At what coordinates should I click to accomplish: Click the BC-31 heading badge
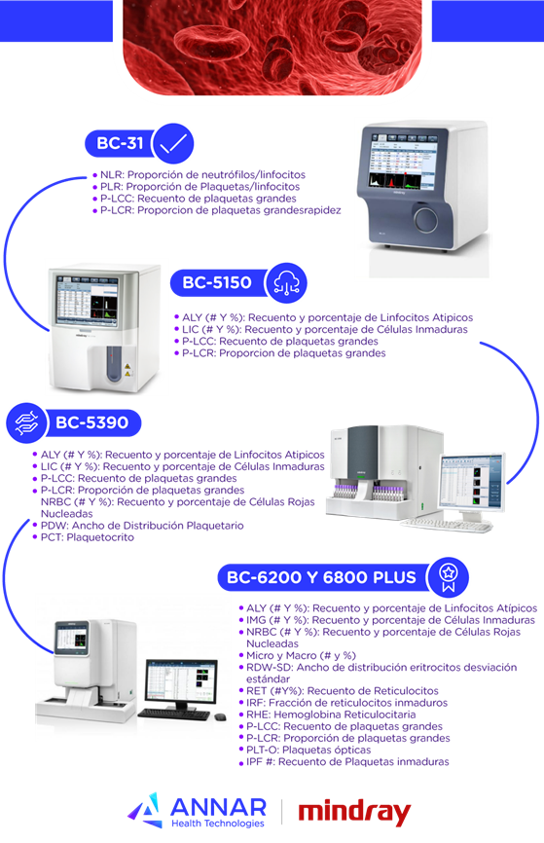tap(120, 143)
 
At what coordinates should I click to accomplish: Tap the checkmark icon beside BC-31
tap(172, 143)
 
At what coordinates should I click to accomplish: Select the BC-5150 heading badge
tap(218, 282)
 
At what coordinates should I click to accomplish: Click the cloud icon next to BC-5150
tap(286, 283)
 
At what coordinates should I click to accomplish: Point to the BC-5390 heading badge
tap(92, 422)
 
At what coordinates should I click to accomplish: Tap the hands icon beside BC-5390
tap(27, 423)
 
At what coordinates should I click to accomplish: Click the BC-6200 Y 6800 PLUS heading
tap(322, 577)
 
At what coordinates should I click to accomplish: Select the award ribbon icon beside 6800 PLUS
tap(448, 577)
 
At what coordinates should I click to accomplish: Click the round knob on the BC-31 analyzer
tap(425, 219)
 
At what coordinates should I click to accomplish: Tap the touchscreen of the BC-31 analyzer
tap(403, 162)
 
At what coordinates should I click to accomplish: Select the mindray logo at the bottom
tap(354, 813)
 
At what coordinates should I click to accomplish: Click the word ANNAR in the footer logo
tap(218, 807)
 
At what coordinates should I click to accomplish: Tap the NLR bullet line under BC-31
tap(199, 174)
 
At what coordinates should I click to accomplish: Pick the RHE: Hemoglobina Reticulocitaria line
tap(327, 715)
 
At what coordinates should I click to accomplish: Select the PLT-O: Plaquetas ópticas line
tap(305, 750)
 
